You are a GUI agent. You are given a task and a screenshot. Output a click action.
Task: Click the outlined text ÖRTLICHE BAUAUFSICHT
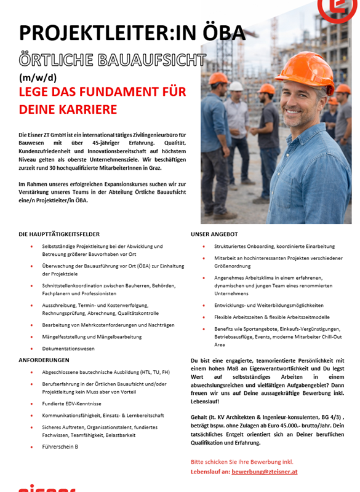tap(113, 60)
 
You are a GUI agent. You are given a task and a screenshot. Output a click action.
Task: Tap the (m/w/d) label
tap(38, 78)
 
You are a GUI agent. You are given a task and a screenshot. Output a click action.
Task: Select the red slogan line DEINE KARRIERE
tap(68, 109)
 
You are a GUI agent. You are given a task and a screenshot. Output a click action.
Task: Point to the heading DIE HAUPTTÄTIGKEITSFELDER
tap(59, 234)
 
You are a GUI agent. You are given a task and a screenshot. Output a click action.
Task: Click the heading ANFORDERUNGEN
tap(44, 360)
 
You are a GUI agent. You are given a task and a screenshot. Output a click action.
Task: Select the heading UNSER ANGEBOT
tap(214, 234)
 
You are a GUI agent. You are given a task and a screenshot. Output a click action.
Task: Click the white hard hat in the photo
tap(236, 86)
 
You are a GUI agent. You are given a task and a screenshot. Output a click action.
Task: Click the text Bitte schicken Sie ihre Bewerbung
tap(242, 461)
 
